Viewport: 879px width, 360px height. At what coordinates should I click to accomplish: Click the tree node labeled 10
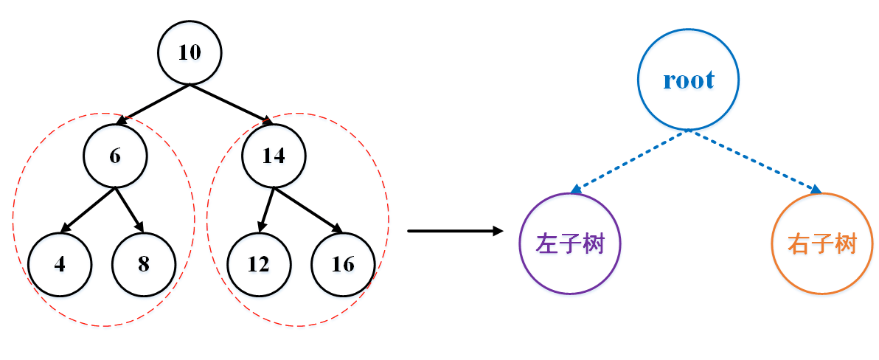click(190, 52)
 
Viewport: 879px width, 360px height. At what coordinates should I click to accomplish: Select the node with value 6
click(115, 156)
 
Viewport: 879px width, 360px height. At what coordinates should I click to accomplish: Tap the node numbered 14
click(274, 156)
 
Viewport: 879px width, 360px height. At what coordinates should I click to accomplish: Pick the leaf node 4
click(60, 264)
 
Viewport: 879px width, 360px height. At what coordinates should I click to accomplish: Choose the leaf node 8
click(144, 264)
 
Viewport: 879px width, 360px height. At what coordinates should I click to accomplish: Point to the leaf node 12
click(259, 264)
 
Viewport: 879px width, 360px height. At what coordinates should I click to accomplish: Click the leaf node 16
click(343, 264)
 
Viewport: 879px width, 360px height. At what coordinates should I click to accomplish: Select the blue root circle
click(689, 80)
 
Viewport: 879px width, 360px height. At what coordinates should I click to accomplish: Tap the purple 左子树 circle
click(571, 243)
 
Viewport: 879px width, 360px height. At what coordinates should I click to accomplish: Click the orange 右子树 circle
click(821, 243)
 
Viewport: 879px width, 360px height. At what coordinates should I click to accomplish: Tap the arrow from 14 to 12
click(266, 210)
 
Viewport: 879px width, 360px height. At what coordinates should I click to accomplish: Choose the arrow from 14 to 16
click(306, 209)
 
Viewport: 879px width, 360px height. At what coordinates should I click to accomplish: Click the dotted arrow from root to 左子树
click(630, 160)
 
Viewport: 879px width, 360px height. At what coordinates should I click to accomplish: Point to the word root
click(689, 80)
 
